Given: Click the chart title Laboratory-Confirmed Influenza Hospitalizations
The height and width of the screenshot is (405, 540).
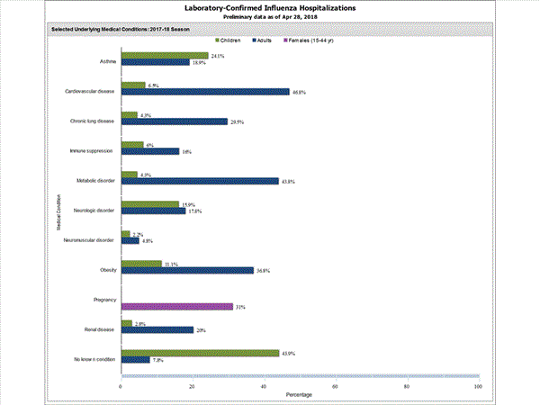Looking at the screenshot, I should pos(270,8).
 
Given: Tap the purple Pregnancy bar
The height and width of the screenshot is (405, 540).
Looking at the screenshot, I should pos(176,307).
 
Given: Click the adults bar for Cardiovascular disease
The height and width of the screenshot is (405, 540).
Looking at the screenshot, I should pos(205,92).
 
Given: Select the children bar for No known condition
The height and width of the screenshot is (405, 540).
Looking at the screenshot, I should pos(200,352).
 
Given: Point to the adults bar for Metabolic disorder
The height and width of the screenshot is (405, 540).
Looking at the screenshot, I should pos(200,181).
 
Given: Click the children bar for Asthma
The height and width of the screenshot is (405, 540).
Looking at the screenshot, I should pos(164,56).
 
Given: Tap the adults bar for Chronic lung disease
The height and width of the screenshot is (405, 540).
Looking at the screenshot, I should pos(174,121).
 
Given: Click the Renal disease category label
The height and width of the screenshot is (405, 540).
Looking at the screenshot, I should pos(99,329).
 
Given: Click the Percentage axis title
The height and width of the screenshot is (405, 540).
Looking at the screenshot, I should pos(300,395).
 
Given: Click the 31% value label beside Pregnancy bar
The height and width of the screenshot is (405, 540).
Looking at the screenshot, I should pos(241,307).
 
